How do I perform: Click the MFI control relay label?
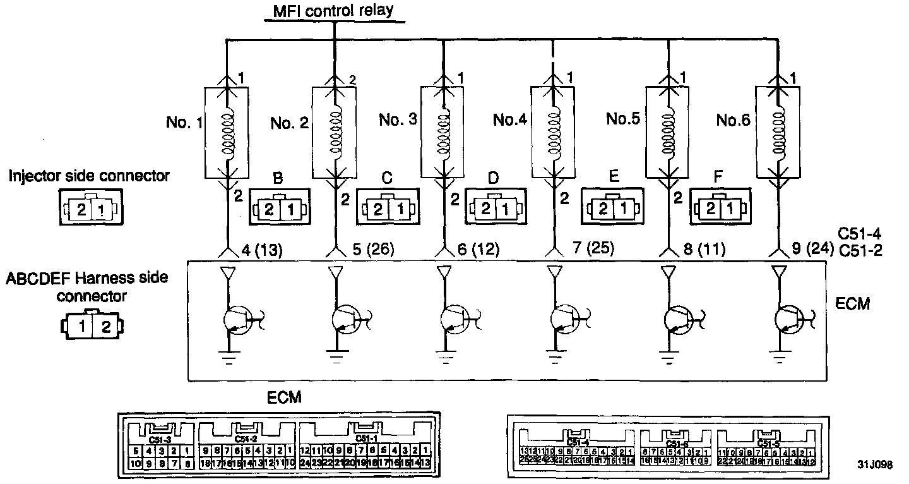tap(333, 11)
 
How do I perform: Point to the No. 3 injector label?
tap(398, 119)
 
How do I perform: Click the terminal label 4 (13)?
tap(262, 250)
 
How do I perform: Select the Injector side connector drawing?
tap(92, 207)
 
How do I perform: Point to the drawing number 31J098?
tap(874, 464)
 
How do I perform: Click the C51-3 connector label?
tap(159, 439)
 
